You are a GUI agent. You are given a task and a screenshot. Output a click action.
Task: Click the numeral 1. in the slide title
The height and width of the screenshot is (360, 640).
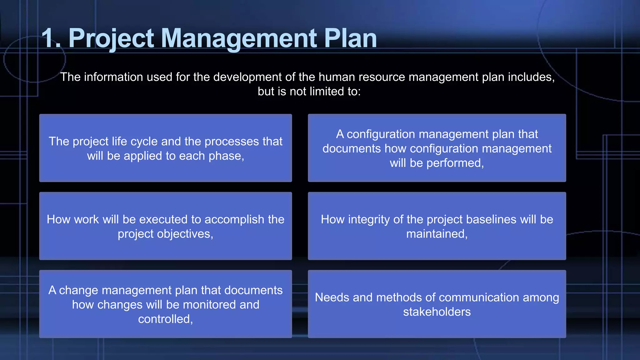[51, 38]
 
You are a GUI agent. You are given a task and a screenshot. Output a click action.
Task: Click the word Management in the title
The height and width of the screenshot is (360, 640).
[239, 38]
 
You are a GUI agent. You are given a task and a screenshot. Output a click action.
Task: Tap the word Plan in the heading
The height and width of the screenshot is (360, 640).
[350, 38]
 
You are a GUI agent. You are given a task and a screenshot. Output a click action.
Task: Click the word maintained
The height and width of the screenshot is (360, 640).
[437, 234]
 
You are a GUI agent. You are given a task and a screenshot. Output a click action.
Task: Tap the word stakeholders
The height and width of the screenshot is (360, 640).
[437, 312]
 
